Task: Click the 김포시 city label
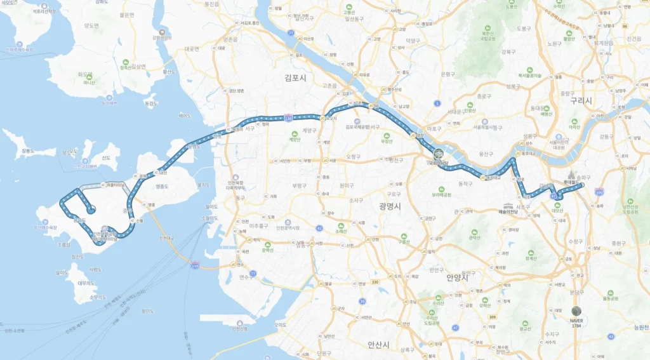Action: click(x=295, y=77)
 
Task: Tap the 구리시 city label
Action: click(x=580, y=101)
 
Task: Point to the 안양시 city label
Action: click(x=457, y=277)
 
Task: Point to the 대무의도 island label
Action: click(x=86, y=283)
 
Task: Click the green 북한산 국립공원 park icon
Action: click(x=487, y=30)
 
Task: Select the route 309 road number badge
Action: click(x=492, y=317)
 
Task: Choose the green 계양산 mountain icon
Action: click(x=294, y=133)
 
